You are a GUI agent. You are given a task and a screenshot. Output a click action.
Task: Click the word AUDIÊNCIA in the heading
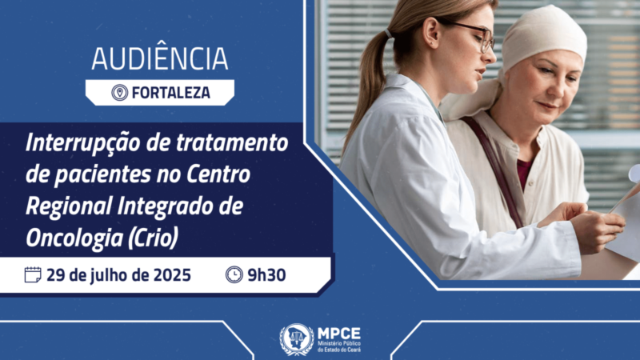159,58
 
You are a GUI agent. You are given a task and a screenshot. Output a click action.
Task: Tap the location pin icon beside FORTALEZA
119,93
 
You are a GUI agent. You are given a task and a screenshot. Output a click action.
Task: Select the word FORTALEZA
171,93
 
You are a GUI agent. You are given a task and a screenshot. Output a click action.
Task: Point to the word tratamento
232,143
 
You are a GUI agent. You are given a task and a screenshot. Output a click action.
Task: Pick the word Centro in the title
218,174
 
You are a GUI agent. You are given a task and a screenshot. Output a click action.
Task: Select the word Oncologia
74,238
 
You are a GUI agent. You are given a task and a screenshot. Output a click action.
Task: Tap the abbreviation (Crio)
153,238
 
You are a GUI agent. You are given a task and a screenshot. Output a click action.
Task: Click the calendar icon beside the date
33,274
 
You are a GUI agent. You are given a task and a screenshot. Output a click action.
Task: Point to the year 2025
172,275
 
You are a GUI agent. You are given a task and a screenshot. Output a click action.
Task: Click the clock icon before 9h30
234,274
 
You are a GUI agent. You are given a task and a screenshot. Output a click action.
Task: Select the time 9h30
266,275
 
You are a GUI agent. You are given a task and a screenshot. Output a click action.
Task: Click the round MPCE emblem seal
296,339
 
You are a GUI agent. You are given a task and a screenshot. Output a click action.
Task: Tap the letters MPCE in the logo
339,334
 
